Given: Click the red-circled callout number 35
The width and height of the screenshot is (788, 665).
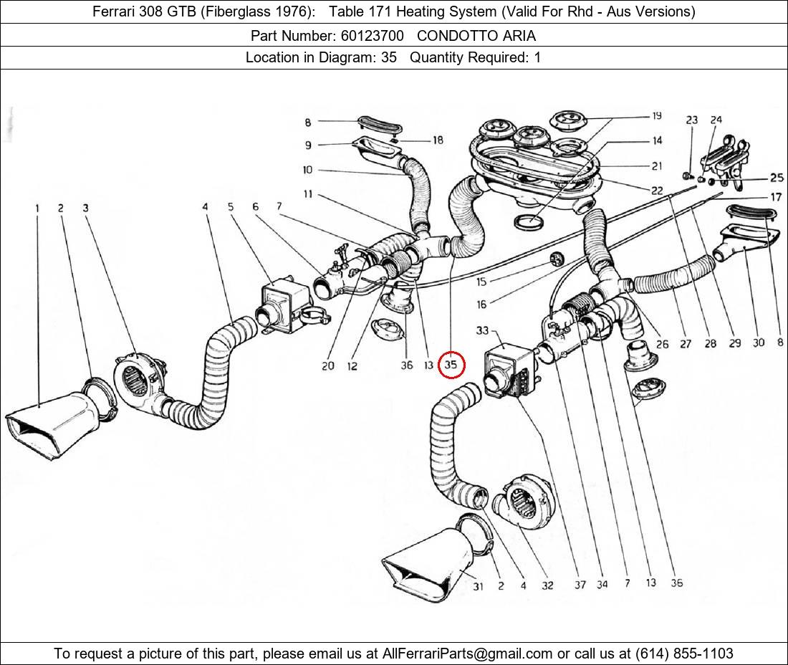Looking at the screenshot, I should pyautogui.click(x=451, y=365).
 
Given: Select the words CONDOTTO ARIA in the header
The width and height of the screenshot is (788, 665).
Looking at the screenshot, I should pyautogui.click(x=476, y=36).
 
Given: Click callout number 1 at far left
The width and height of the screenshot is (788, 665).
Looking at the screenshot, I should pyautogui.click(x=37, y=209).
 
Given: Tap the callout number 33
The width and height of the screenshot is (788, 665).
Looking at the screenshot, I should pyautogui.click(x=482, y=331).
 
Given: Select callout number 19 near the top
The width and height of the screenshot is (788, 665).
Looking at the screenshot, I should pyautogui.click(x=656, y=116).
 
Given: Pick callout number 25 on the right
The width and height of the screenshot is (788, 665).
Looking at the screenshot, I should pyautogui.click(x=777, y=178).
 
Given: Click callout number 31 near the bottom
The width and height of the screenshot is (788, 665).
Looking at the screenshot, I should pyautogui.click(x=478, y=586).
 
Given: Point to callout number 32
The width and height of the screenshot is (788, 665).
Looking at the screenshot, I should pyautogui.click(x=547, y=585).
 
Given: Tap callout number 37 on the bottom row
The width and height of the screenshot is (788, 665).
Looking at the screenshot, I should pyautogui.click(x=580, y=585).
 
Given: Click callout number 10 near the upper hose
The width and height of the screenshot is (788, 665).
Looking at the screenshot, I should pyautogui.click(x=307, y=170).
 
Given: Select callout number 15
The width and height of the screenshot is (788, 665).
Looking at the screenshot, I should pyautogui.click(x=481, y=282).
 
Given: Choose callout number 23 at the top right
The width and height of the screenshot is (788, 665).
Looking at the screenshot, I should pyautogui.click(x=691, y=120).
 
